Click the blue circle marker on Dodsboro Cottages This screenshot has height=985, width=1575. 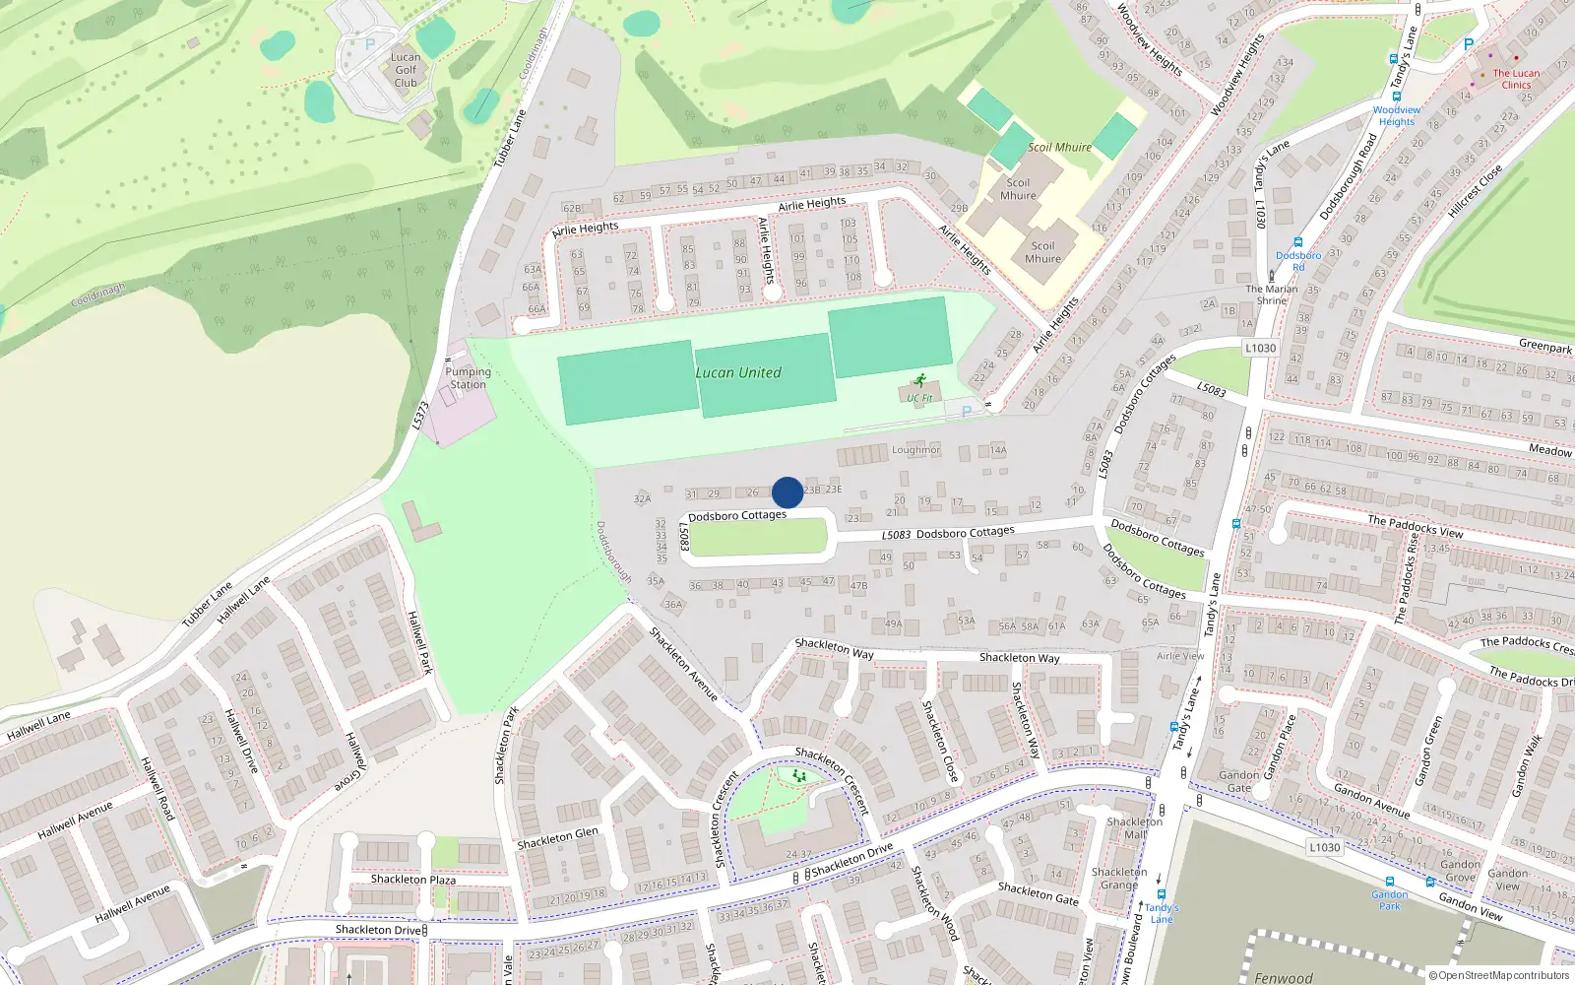click(x=787, y=492)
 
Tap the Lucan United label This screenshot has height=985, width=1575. click(x=738, y=372)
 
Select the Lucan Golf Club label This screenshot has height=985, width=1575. click(x=406, y=70)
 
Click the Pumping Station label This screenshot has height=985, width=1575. click(x=468, y=378)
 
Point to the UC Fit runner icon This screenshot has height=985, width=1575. click(x=920, y=380)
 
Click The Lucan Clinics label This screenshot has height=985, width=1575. click(x=1516, y=79)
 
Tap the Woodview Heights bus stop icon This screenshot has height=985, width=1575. click(x=1393, y=59)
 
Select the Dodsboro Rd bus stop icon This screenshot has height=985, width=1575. click(x=1297, y=242)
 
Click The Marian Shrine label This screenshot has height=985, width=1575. click(x=1271, y=295)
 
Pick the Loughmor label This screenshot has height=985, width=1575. click(x=915, y=449)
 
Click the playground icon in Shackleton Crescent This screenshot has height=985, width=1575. click(x=799, y=776)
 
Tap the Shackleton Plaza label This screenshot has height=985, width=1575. click(x=412, y=879)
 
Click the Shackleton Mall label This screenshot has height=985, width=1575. click(x=1134, y=827)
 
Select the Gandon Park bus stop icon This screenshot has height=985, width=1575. click(x=1389, y=882)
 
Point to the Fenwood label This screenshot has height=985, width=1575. click(x=1283, y=977)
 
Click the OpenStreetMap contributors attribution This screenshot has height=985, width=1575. click(x=1499, y=975)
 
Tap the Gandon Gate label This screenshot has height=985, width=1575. click(x=1238, y=781)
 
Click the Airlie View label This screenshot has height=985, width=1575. click(x=1179, y=656)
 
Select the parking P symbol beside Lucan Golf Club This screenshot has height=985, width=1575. click(x=370, y=44)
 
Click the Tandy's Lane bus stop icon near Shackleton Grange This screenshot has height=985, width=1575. click(x=1162, y=895)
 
